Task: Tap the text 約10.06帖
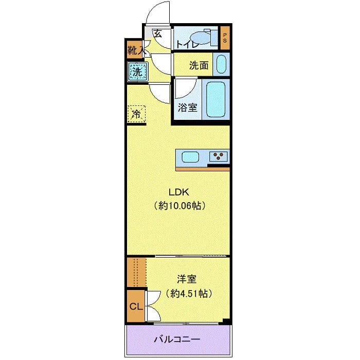click(179, 206)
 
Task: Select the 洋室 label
click(187, 279)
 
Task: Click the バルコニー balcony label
click(177, 339)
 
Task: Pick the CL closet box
click(136, 307)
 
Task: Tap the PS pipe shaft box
click(225, 38)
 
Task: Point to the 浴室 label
click(187, 107)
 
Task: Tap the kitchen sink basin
click(190, 157)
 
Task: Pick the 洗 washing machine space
click(137, 71)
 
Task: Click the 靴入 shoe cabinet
click(136, 50)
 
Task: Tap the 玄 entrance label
click(158, 34)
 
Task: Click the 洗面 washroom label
click(198, 65)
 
